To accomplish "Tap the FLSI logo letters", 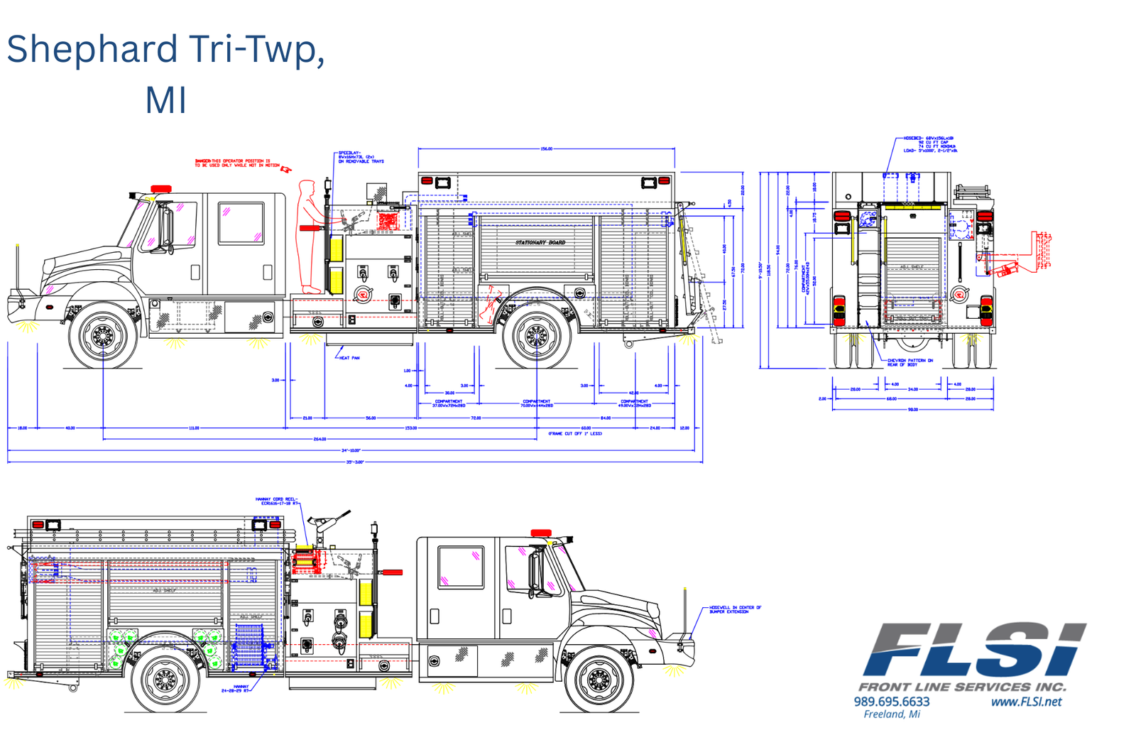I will coord(973,650).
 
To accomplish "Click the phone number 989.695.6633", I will coord(891,702).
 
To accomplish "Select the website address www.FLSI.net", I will coord(1026,702).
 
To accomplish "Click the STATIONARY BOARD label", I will coord(540,242).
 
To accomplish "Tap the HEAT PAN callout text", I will coord(349,358).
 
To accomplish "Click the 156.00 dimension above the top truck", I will coord(546,149).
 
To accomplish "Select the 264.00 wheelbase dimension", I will coord(319,439).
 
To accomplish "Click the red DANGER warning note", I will coord(238,163).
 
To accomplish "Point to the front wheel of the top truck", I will coord(104,334).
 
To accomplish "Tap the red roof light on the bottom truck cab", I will coord(541,533).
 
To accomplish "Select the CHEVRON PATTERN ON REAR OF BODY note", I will coord(910,362).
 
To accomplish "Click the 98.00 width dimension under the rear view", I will coord(913,409).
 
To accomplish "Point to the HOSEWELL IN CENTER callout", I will coord(735,609).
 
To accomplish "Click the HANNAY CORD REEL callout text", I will coord(277,501).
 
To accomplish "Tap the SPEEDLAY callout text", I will coord(361,157).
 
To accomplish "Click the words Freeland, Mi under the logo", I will coord(892,714).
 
